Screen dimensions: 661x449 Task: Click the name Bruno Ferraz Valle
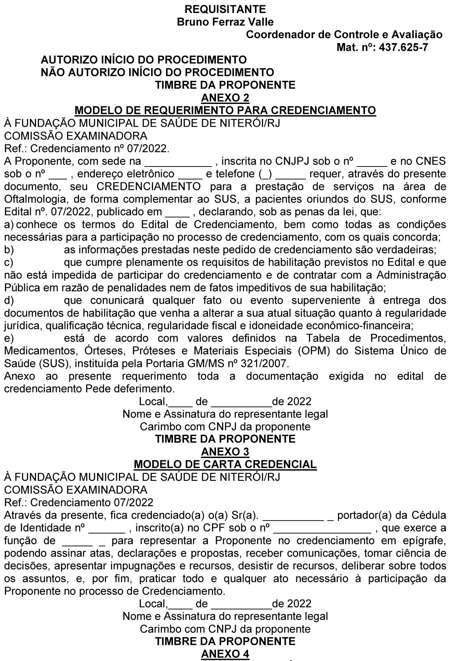point(225,22)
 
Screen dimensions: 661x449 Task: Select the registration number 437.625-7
point(403,48)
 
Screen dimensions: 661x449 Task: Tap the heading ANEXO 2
point(225,98)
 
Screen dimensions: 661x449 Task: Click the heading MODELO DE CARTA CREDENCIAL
point(225,464)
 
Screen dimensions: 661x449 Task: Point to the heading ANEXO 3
point(225,451)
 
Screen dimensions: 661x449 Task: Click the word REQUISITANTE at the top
point(225,9)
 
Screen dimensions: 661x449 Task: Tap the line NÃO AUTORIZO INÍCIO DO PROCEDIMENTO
point(158,73)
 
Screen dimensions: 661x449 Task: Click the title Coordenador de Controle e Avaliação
point(344,35)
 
